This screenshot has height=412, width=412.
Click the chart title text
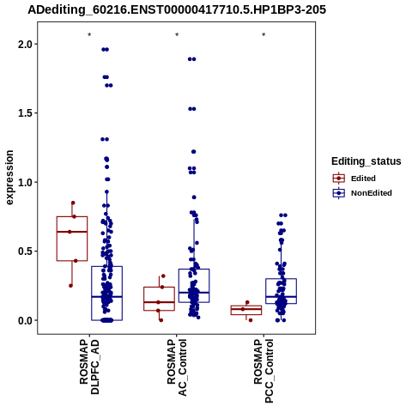pyautogui.click(x=177, y=10)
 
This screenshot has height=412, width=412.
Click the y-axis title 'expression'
pyautogui.click(x=9, y=178)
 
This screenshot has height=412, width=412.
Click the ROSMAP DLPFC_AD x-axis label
pyautogui.click(x=89, y=367)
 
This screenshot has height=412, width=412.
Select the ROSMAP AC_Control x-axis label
pyautogui.click(x=177, y=367)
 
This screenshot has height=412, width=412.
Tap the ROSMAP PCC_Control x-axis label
pyautogui.click(x=264, y=371)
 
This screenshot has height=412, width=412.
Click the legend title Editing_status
pyautogui.click(x=367, y=161)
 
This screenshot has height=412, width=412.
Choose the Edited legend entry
pyautogui.click(x=354, y=179)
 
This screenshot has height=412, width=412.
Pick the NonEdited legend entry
pyautogui.click(x=362, y=193)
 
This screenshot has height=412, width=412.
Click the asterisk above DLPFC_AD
pyautogui.click(x=89, y=35)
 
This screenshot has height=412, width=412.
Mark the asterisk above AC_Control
pyautogui.click(x=177, y=35)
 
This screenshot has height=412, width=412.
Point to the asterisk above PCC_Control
pyautogui.click(x=264, y=35)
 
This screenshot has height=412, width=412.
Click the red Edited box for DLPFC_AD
pyautogui.click(x=72, y=216)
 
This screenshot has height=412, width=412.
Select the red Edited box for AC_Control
pyautogui.click(x=160, y=288)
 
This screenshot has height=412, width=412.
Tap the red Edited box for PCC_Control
pyautogui.click(x=246, y=306)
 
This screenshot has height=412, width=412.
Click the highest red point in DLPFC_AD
pyautogui.click(x=73, y=203)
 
